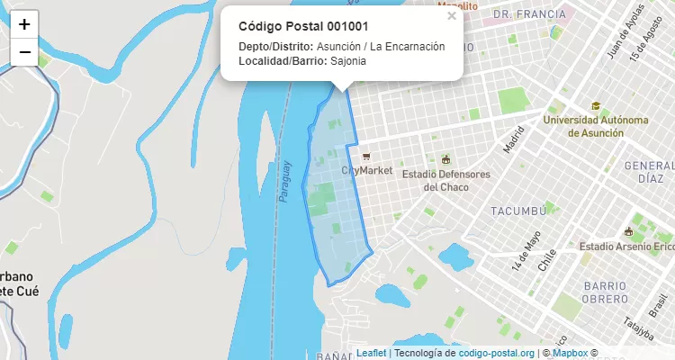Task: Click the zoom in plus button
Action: click(x=24, y=24)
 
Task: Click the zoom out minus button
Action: click(x=24, y=52)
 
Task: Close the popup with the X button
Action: click(x=452, y=16)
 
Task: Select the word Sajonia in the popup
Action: click(x=348, y=61)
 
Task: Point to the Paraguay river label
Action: click(x=286, y=181)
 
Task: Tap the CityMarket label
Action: click(x=367, y=171)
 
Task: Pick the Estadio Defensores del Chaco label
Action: click(x=445, y=180)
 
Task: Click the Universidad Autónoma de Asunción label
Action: click(x=595, y=126)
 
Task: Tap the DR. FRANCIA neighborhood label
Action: click(x=529, y=14)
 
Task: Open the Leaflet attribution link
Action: click(x=371, y=353)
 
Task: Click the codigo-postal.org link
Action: click(x=497, y=353)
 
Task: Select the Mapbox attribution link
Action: click(x=570, y=353)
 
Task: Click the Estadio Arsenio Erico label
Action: click(x=626, y=247)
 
